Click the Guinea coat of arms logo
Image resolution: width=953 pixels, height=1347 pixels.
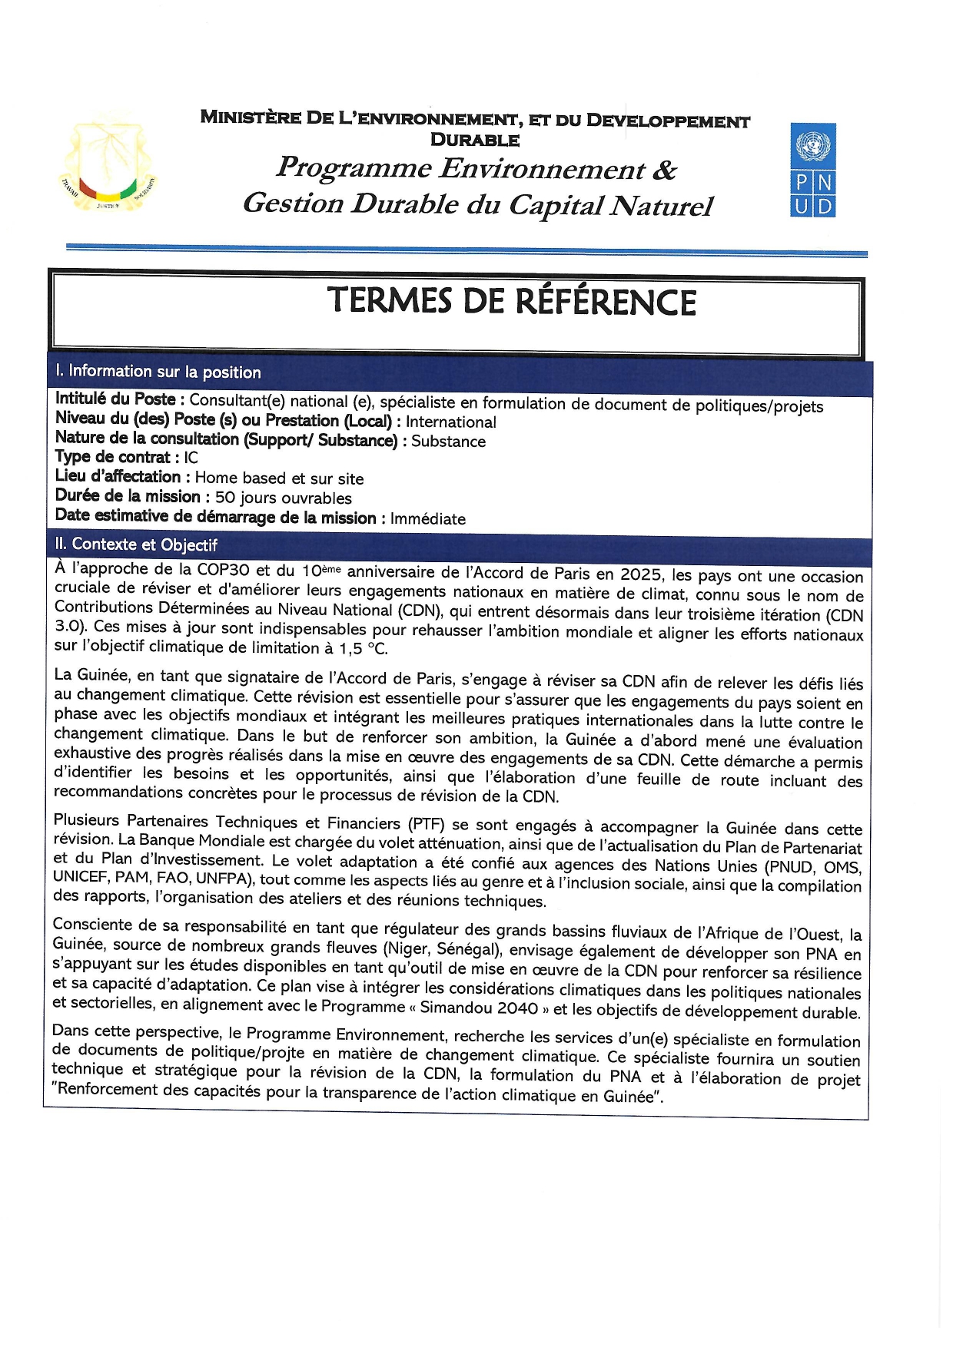tap(108, 163)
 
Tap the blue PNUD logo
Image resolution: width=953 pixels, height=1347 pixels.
tap(812, 170)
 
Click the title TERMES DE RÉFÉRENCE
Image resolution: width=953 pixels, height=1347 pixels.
tap(511, 301)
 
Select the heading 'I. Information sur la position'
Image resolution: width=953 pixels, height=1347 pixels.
tap(158, 372)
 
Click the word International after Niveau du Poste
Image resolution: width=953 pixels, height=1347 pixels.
tap(451, 422)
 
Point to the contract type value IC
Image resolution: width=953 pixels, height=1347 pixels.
tap(191, 458)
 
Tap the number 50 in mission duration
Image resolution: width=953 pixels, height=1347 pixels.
tap(225, 498)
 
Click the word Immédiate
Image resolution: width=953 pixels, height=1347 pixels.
tap(427, 519)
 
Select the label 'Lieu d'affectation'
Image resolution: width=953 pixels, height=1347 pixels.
tap(118, 477)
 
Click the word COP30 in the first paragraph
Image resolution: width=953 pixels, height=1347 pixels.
tap(223, 570)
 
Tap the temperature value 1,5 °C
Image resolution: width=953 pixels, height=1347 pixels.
tap(363, 649)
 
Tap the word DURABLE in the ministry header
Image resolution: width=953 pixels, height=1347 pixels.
tap(475, 140)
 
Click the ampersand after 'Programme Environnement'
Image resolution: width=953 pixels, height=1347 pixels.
tap(664, 170)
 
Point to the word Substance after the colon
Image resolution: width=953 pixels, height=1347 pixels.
tap(448, 442)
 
